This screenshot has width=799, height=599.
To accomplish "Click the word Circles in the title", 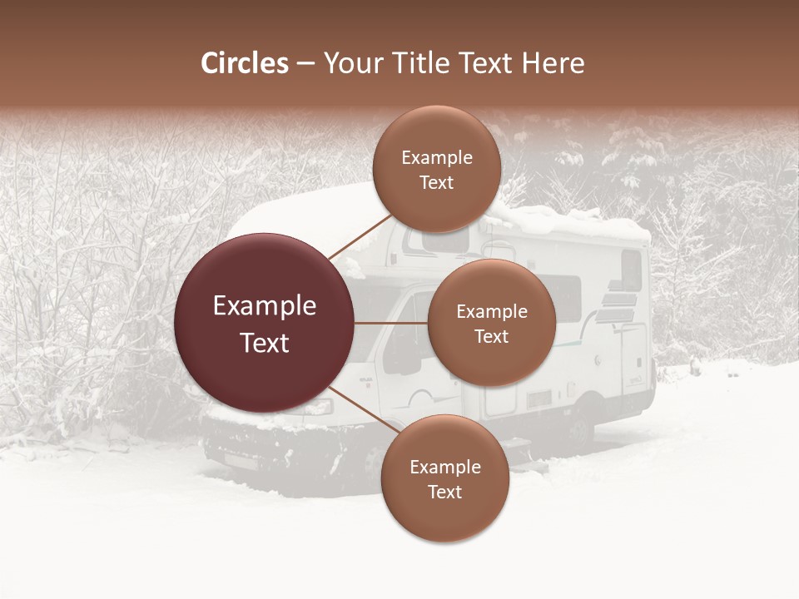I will point(244,63).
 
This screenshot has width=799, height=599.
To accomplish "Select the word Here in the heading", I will point(553,63).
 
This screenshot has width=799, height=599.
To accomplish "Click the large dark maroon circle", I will point(265,323).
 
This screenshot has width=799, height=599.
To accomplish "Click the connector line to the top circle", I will point(360,235).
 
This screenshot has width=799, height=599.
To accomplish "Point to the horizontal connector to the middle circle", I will point(391,323).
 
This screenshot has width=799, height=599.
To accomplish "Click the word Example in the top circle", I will point(437,158).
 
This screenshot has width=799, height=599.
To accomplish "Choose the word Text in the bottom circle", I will point(444,492).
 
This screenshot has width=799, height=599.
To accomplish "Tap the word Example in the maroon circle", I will point(265,306).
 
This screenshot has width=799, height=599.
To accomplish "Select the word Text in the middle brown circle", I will point(491,336).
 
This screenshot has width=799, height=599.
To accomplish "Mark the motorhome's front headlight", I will point(315,408).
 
